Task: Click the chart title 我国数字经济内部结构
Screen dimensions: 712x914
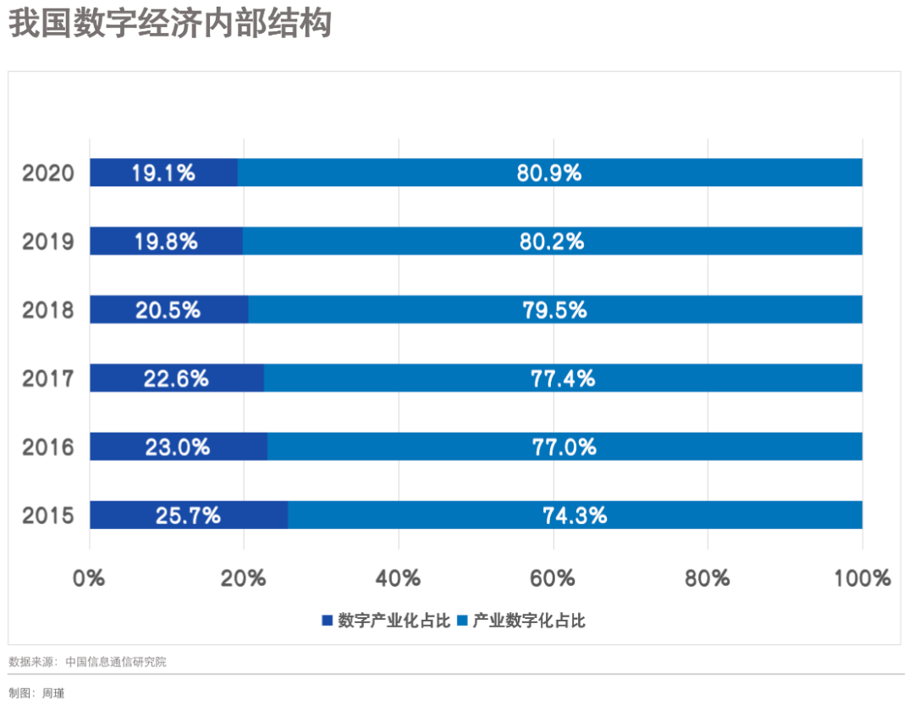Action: tap(169, 24)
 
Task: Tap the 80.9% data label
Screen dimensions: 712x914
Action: tap(549, 173)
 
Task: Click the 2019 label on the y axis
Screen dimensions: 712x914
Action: tap(48, 242)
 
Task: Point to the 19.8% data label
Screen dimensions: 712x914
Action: tap(165, 241)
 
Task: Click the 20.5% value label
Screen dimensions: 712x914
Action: tap(168, 310)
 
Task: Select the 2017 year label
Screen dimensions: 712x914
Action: tap(48, 378)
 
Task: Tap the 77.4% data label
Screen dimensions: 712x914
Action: tap(563, 378)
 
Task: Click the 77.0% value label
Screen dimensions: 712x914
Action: tap(564, 446)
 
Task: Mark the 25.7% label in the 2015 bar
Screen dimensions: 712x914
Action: tap(188, 515)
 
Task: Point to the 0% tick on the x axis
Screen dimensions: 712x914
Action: tap(90, 578)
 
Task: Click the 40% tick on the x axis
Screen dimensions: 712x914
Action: tap(399, 578)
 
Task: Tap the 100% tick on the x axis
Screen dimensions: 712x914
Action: tap(862, 578)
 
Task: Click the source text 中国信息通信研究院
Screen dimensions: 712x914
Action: tap(116, 662)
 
